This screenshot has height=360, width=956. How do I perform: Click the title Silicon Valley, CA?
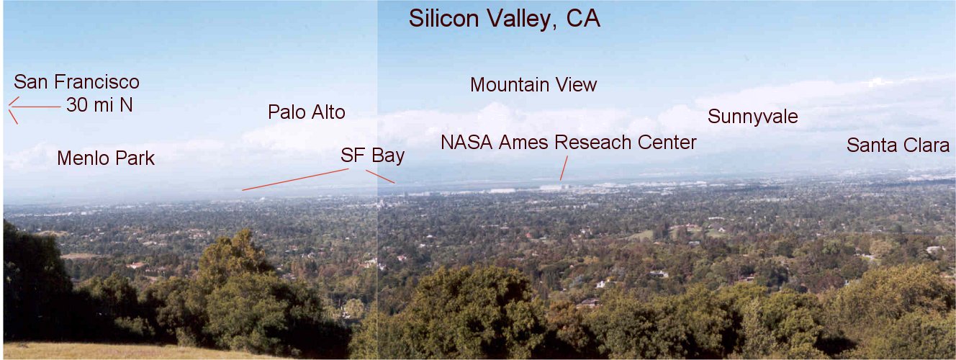click(x=505, y=19)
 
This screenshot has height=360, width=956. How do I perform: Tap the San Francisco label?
click(x=77, y=82)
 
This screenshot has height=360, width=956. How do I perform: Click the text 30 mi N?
click(x=99, y=105)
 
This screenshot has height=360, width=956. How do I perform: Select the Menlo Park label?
click(x=106, y=158)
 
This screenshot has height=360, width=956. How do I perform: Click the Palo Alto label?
click(x=307, y=112)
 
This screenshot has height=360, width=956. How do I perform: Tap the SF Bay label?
click(x=373, y=156)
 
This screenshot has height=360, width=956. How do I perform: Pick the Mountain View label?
click(x=533, y=84)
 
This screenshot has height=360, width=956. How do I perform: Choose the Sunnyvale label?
click(x=753, y=117)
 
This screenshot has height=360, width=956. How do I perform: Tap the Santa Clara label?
click(x=898, y=145)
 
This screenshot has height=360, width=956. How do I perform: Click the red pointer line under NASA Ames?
click(x=564, y=168)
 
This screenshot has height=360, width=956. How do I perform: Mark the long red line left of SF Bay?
click(x=295, y=179)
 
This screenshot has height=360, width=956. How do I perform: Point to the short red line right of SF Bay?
click(x=380, y=177)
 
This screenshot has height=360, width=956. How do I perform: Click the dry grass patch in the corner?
click(x=107, y=351)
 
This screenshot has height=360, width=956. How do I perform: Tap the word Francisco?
click(x=96, y=82)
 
